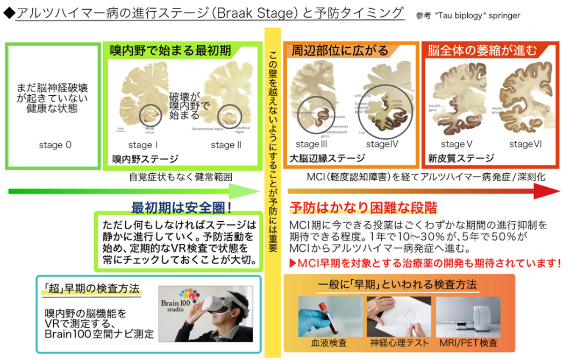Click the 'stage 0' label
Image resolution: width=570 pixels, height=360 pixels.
click(x=55, y=145)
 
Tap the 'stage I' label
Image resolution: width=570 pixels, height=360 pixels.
click(x=142, y=145)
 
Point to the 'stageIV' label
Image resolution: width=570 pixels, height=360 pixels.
click(x=382, y=144)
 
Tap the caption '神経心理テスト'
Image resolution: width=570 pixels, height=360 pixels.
click(x=400, y=343)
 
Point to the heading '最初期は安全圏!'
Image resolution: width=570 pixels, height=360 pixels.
click(x=181, y=207)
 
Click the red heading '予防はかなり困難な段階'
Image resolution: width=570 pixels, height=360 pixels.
click(x=363, y=207)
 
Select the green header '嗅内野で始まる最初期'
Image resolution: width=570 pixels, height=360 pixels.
click(x=170, y=51)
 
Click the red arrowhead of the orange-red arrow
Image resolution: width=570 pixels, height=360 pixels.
click(x=548, y=190)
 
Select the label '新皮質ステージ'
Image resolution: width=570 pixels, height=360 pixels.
click(x=461, y=158)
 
